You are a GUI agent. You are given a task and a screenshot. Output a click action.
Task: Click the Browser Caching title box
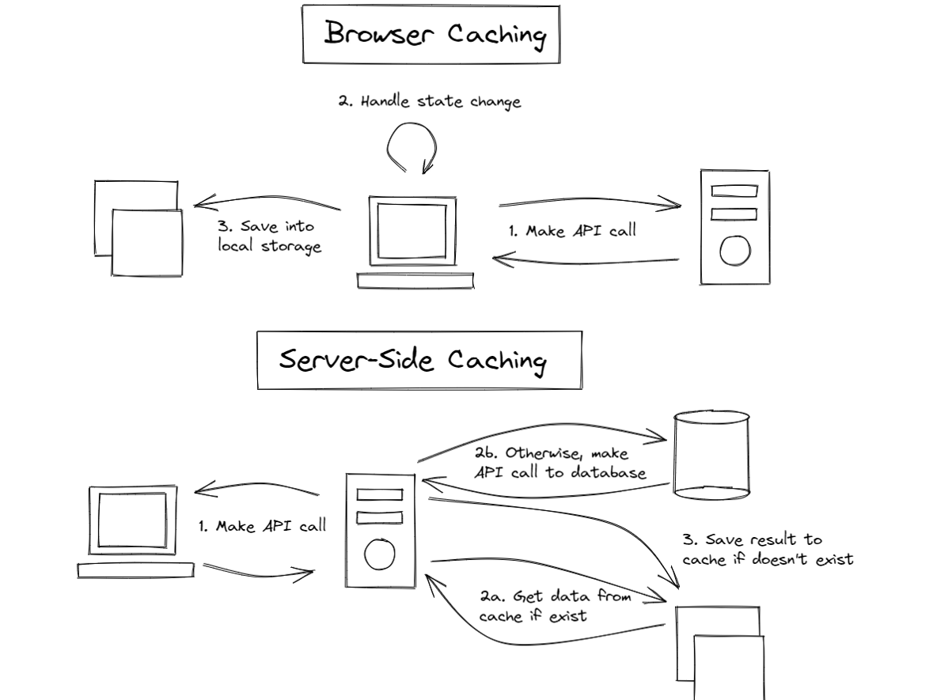(431, 35)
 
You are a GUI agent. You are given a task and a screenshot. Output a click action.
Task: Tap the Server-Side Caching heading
(419, 361)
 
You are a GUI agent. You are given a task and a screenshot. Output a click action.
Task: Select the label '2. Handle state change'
(431, 102)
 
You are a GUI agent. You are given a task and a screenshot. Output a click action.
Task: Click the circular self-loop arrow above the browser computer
(411, 147)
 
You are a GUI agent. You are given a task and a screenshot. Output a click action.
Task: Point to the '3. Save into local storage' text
(270, 236)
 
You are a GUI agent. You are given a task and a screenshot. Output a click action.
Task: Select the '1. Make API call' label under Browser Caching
(571, 233)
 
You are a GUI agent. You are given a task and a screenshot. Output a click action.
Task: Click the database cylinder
(710, 454)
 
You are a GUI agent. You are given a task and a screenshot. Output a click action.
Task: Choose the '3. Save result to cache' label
(767, 550)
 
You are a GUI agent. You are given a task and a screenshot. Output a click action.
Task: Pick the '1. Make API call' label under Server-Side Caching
(261, 527)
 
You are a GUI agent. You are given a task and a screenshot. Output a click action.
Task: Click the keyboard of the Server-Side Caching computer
(135, 569)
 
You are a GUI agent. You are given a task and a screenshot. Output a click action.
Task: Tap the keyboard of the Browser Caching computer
(415, 281)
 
